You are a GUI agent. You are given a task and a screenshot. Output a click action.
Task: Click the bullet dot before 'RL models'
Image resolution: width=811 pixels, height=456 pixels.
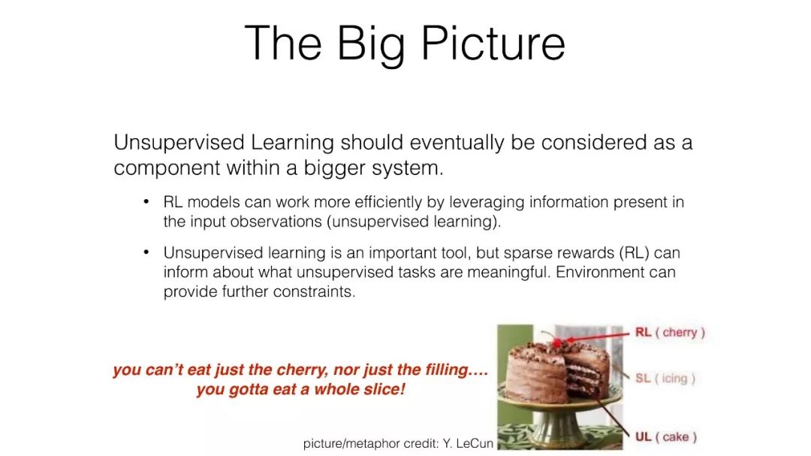tap(146, 201)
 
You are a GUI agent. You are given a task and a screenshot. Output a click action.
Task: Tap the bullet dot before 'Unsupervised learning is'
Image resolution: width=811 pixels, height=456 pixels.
tap(146, 252)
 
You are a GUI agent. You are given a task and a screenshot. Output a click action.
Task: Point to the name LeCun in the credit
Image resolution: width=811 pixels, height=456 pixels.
tap(475, 443)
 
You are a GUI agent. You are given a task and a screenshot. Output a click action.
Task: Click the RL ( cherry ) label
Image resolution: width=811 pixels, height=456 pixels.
tap(670, 332)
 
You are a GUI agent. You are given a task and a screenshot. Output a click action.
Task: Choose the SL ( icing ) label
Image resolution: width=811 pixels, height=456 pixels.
tap(665, 379)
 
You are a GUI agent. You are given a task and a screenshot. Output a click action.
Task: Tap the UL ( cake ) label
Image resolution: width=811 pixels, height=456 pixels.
tap(665, 437)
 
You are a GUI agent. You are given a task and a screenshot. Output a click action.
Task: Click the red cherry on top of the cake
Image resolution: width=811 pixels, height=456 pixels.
tap(557, 343)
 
